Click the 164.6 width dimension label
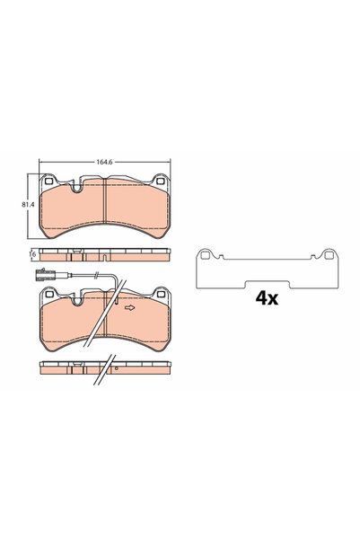click(105, 163)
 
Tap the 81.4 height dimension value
click(28, 204)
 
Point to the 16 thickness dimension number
click(34, 254)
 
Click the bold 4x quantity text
click(267, 298)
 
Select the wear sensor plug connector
click(45, 274)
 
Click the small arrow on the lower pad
click(130, 307)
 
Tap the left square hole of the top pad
click(48, 180)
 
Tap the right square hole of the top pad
click(160, 181)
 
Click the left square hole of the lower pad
click(48, 294)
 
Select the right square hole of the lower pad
click(161, 294)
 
